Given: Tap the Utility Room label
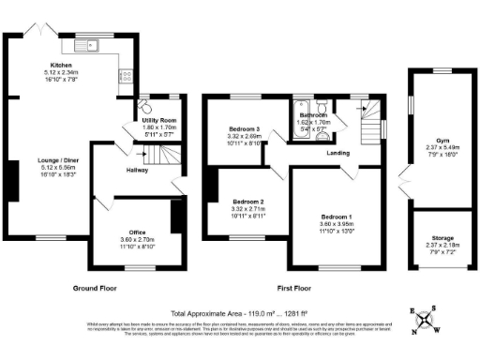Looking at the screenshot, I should pos(159,121).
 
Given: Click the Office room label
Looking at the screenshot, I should pos(136,231).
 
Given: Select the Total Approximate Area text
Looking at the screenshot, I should pos(240,312).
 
